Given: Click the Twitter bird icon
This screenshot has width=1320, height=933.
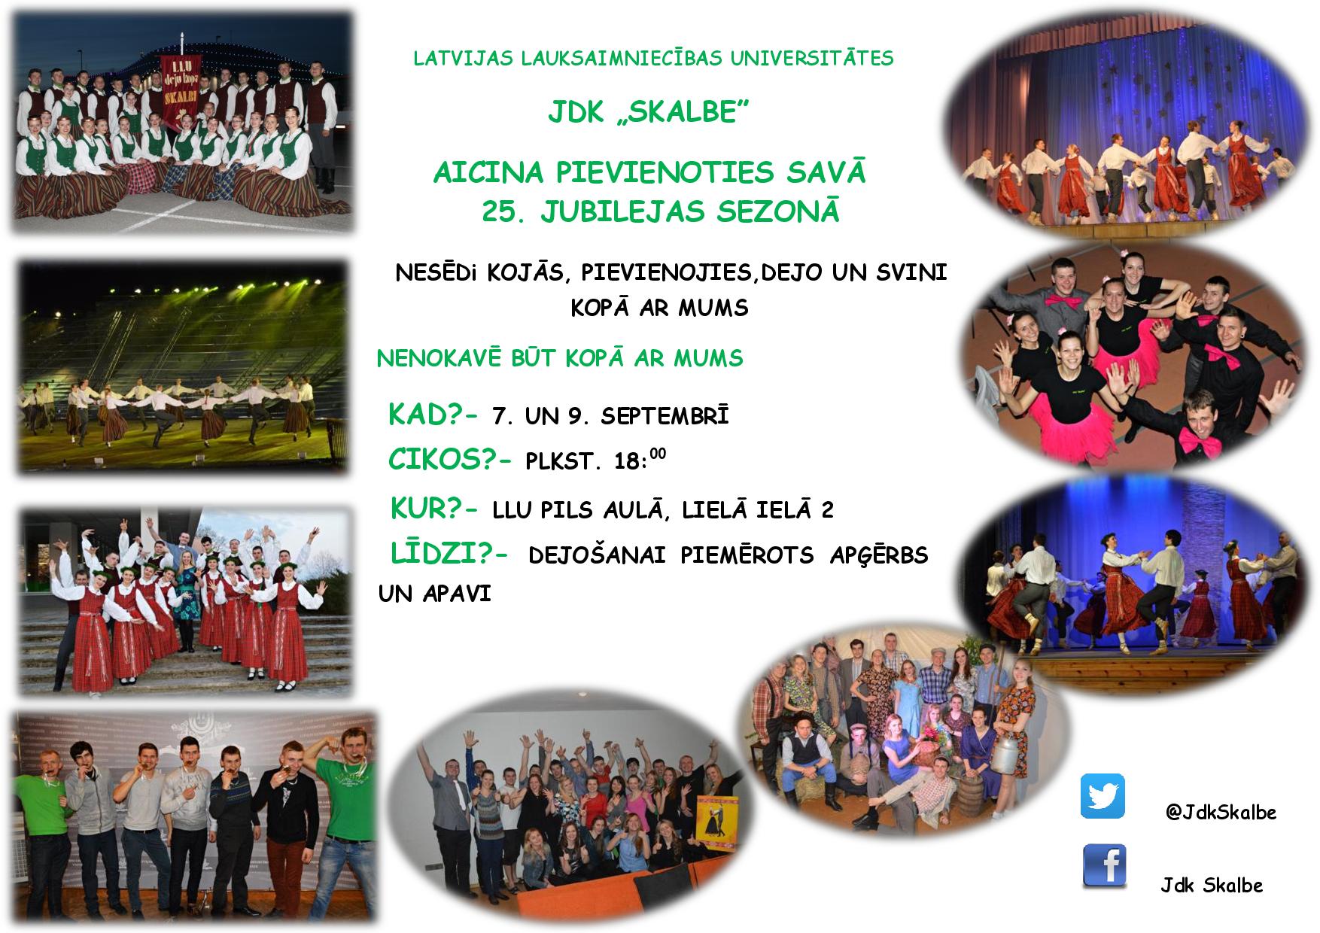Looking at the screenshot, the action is click(1103, 796).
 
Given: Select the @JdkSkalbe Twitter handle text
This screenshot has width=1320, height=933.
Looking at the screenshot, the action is click(1220, 813).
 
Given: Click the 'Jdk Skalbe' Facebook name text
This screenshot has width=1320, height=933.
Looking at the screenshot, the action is click(1211, 885).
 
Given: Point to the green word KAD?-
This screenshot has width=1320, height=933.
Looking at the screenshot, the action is click(433, 415).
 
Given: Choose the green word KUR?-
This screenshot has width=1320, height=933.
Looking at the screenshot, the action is click(433, 509).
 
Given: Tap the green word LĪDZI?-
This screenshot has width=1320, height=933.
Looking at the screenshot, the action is click(449, 554).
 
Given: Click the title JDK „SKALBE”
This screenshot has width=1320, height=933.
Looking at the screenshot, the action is click(648, 114).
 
